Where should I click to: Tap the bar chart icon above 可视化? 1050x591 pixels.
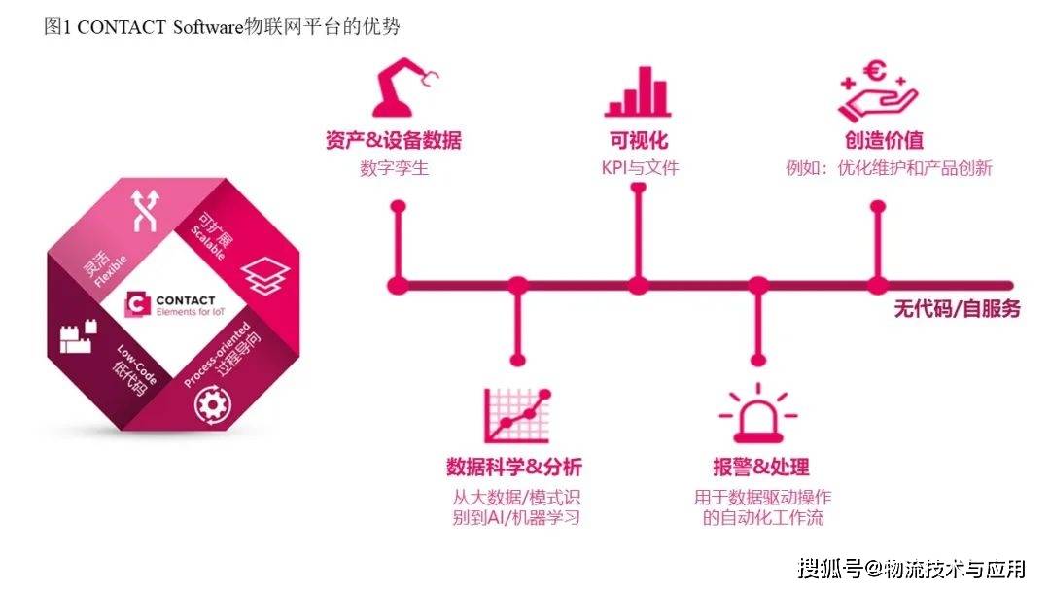638,92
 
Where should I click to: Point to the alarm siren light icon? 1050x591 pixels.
756,414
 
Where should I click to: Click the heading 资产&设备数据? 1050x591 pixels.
393,140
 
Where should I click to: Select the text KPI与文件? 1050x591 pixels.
639,168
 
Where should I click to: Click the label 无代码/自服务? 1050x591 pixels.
957,309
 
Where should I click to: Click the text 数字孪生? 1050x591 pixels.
394,168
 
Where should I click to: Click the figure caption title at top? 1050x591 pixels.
222,26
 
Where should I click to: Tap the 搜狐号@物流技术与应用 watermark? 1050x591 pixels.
910,567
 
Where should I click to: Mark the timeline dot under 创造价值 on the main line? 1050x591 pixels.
877,285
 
